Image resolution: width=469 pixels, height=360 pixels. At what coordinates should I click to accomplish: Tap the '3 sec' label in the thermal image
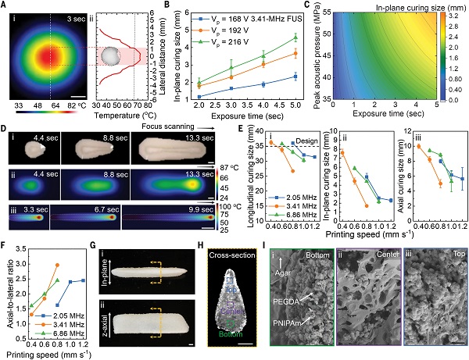pyautogui.click(x=76, y=16)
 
